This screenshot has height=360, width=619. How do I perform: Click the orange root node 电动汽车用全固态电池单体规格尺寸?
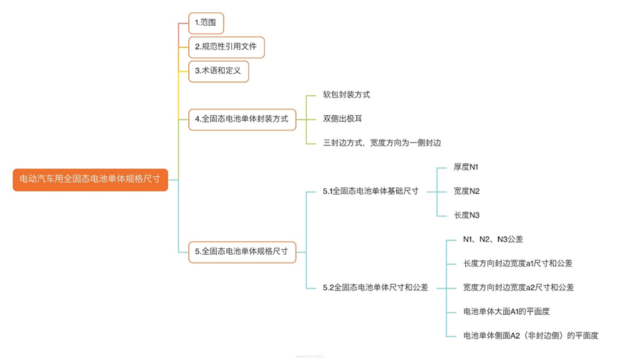90,180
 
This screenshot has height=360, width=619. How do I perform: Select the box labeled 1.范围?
206,24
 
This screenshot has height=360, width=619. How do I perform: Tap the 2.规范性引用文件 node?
226,48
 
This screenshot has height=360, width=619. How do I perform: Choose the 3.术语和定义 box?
218,71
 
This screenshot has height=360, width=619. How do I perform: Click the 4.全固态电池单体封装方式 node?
241,119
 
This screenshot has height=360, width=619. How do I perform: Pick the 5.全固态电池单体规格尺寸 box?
241,251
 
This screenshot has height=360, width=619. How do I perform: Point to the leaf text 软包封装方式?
346,94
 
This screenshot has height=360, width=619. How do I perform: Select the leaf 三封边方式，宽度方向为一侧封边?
381,143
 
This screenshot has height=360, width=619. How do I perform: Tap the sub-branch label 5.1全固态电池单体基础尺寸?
370,191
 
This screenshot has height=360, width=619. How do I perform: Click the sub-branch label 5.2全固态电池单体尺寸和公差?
375,287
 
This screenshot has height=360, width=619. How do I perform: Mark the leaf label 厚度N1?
466,167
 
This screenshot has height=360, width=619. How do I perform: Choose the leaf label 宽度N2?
467,191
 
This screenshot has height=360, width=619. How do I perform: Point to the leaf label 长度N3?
467,215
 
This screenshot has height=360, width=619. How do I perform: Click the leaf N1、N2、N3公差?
492,239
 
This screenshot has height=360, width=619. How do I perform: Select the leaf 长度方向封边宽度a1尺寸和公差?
517,263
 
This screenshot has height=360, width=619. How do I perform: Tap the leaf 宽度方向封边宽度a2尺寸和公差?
518,287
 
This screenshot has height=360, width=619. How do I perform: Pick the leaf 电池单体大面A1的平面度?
506,311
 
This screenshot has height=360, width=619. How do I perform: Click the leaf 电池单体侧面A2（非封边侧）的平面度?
530,335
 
